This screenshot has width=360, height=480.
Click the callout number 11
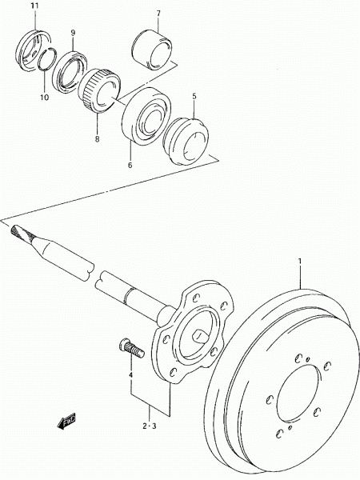35,6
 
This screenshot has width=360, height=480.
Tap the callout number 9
73,33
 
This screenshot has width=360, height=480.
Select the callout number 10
44,98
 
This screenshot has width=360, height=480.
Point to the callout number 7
158,13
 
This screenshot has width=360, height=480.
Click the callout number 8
98,139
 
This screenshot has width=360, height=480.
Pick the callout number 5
194,96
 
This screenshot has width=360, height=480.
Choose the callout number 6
130,165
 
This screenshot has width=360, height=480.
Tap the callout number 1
300,262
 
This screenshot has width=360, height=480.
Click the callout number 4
130,374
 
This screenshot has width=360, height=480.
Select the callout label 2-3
150,426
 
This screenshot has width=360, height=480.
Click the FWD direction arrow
66,421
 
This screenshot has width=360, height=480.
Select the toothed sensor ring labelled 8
99,90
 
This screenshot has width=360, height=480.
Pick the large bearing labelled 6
146,116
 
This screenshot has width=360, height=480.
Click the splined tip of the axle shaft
22,232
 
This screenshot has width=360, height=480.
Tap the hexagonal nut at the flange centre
198,336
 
